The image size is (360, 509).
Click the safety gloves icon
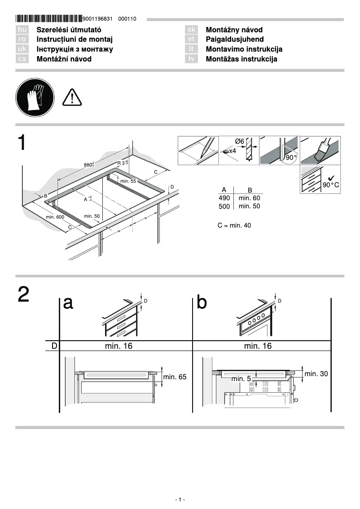[x=35, y=97]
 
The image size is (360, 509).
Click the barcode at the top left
[x=48, y=19]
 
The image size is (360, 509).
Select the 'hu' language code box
[x=22, y=30]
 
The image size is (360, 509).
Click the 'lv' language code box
[x=191, y=59]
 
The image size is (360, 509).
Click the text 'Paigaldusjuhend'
[x=234, y=39]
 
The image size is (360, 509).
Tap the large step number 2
[x=24, y=294]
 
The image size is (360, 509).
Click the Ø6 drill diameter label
[x=239, y=141]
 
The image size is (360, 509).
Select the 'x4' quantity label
[x=233, y=151]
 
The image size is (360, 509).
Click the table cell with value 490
[x=224, y=198]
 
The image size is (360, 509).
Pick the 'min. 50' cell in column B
[x=249, y=206]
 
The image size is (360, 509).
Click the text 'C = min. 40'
[x=234, y=225]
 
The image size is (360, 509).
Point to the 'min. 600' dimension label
[x=55, y=217]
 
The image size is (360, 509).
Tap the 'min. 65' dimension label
[x=175, y=377]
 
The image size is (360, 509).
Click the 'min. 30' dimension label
[x=316, y=373]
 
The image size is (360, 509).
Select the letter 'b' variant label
[x=202, y=303]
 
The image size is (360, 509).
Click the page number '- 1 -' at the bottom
[x=180, y=500]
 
